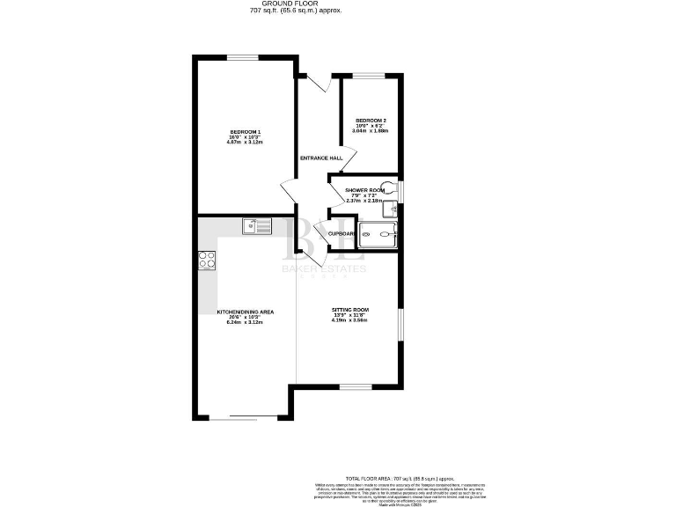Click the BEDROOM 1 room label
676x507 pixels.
[246, 132]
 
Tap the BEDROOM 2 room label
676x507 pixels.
[371, 121]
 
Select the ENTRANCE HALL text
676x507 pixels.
[320, 158]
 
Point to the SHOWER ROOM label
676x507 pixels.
[364, 190]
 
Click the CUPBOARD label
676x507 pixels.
[342, 233]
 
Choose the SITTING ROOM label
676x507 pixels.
[349, 310]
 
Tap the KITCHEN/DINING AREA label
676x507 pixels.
[246, 312]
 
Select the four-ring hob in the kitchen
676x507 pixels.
[208, 260]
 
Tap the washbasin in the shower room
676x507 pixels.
[393, 209]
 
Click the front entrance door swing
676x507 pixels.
[318, 84]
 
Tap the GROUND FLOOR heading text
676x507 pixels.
[295, 4]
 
